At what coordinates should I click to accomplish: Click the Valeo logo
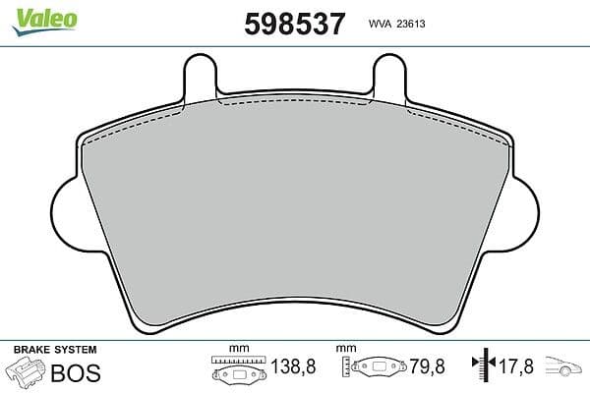[45, 22]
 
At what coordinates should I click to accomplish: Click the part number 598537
[294, 24]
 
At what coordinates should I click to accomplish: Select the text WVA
[380, 24]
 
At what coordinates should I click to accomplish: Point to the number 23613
[411, 24]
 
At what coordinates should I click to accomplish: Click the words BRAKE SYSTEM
[55, 350]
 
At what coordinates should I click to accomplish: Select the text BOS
[76, 372]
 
